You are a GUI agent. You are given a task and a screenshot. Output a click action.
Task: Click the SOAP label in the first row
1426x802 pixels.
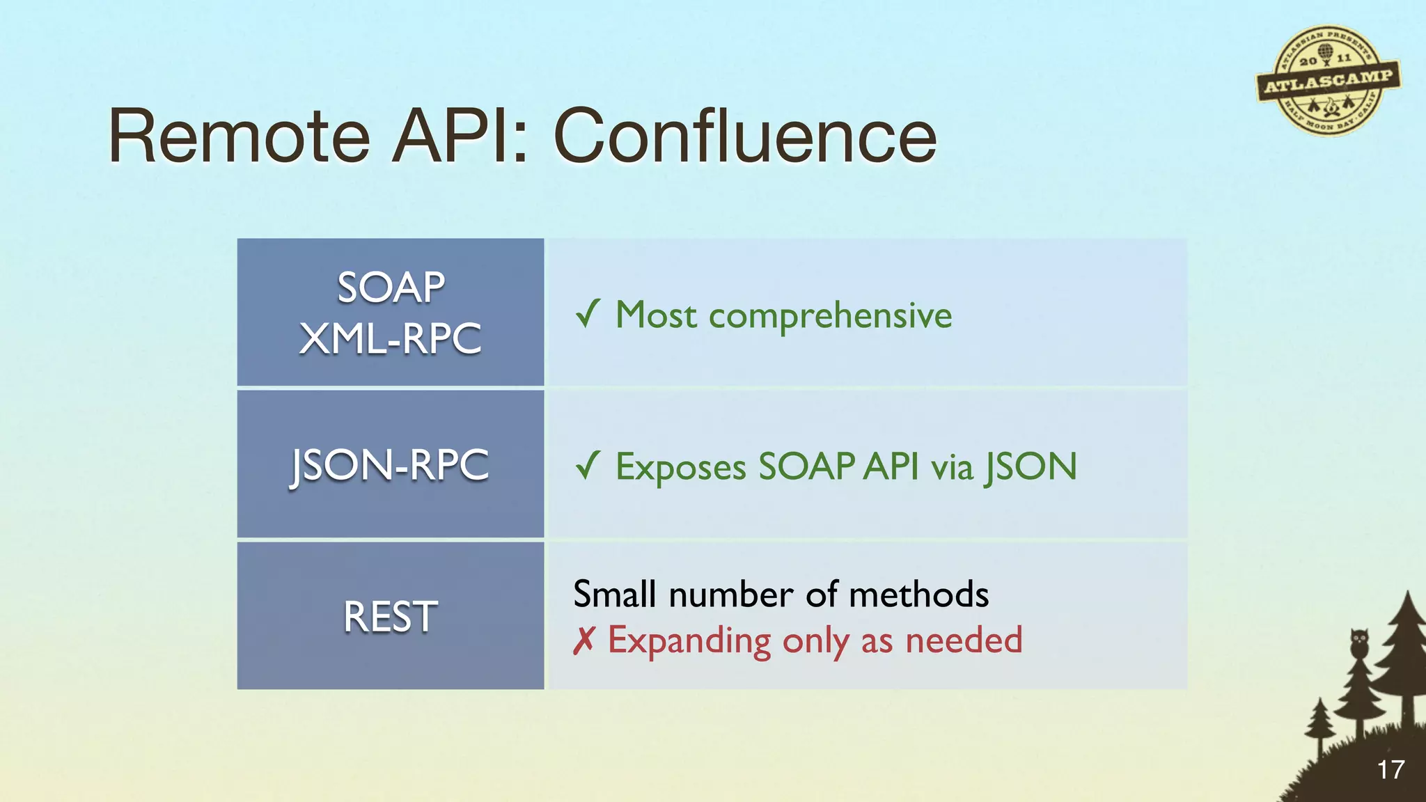tap(391, 287)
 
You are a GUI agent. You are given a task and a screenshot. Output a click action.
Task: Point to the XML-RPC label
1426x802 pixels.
tap(391, 339)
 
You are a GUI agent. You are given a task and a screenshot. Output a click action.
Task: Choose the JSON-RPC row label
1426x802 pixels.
tap(391, 465)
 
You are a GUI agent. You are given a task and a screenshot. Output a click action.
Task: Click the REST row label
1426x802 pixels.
tap(391, 617)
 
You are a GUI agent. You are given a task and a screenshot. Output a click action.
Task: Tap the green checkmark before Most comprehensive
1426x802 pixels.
tap(588, 314)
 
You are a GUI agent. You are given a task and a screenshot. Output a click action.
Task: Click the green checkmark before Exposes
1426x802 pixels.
tap(588, 465)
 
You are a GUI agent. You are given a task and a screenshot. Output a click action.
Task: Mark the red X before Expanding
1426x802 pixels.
tap(583, 640)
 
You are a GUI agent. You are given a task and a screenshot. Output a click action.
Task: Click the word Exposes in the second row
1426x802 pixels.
tap(681, 467)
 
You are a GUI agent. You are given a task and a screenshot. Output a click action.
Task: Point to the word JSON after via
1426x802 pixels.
tap(1031, 467)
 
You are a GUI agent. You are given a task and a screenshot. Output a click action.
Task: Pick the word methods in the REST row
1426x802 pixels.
tap(918, 595)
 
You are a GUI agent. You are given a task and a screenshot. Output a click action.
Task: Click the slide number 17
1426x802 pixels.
tap(1390, 770)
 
